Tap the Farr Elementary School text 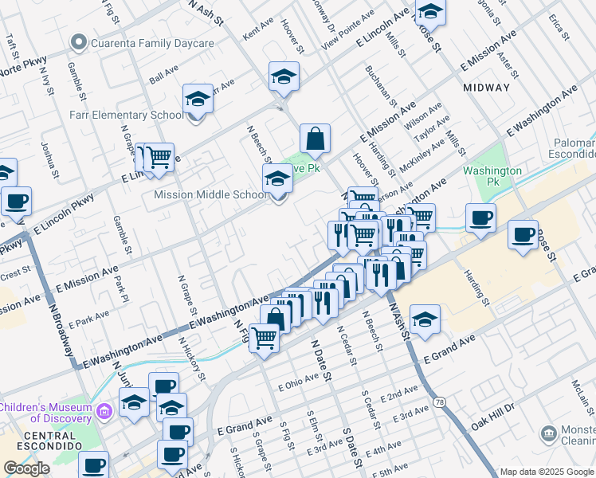[x=126, y=115]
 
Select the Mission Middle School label [x=210, y=194]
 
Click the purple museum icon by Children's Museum [x=104, y=411]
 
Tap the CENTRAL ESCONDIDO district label [x=37, y=436]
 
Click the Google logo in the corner [x=26, y=468]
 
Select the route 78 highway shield [x=441, y=403]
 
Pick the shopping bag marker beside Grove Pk [x=316, y=138]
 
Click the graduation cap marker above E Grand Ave [x=425, y=319]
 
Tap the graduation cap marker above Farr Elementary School [x=197, y=100]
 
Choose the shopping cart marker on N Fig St [x=265, y=337]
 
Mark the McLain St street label [x=578, y=391]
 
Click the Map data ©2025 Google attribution [x=547, y=472]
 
